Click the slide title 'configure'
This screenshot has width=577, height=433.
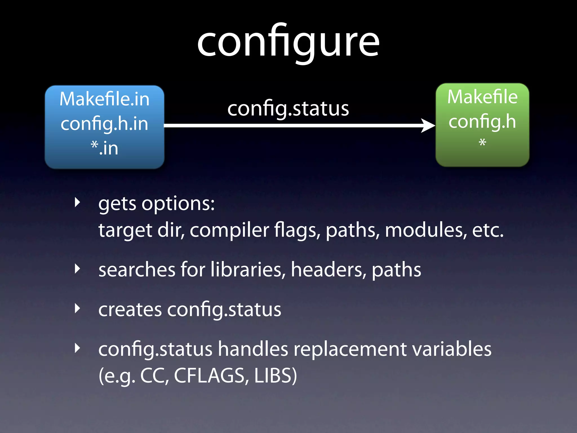point(288,42)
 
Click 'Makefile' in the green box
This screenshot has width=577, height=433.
point(482,97)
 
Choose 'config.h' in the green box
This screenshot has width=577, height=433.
point(482,121)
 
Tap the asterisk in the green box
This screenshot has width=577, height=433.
point(482,142)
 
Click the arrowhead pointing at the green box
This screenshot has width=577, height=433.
point(428,125)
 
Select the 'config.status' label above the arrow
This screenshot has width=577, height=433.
point(288,109)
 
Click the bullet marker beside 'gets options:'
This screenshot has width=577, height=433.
point(77,202)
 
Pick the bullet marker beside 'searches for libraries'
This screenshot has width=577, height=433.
point(77,269)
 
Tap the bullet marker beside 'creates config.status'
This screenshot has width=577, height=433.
point(77,308)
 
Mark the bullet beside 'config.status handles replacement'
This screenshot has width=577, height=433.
point(77,348)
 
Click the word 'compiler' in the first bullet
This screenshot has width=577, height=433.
point(229,230)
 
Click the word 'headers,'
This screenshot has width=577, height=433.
point(329,269)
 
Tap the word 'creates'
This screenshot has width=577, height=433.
point(130,310)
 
